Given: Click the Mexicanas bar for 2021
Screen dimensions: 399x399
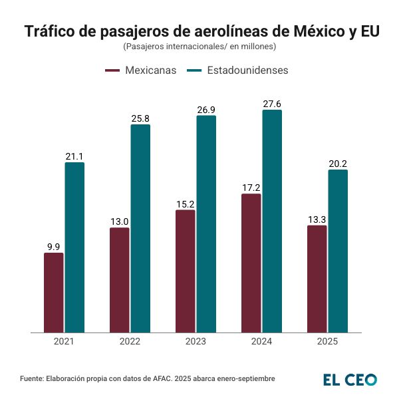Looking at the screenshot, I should tap(54, 293).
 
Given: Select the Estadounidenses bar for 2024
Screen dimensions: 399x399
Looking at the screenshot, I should tap(272, 221).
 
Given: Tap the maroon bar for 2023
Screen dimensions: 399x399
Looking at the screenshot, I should tap(186, 271).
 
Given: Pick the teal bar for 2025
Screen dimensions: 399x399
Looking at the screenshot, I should tap(338, 251).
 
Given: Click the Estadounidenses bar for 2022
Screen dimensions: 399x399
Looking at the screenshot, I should tap(140, 228).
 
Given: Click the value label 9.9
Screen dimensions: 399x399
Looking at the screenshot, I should tap(54, 247).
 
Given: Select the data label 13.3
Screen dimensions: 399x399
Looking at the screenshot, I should tap(317, 219).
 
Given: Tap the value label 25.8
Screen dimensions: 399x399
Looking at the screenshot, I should tap(140, 119).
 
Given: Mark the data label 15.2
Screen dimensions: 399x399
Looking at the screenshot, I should tap(186, 204).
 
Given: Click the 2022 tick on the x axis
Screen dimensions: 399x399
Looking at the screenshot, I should tap(130, 341).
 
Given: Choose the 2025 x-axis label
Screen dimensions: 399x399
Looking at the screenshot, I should tap(327, 341).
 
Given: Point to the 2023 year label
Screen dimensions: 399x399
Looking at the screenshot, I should tap(196, 341).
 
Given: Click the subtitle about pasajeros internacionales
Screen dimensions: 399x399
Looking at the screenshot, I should tap(199, 47).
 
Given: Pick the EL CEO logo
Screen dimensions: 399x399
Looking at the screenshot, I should tap(350, 379).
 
